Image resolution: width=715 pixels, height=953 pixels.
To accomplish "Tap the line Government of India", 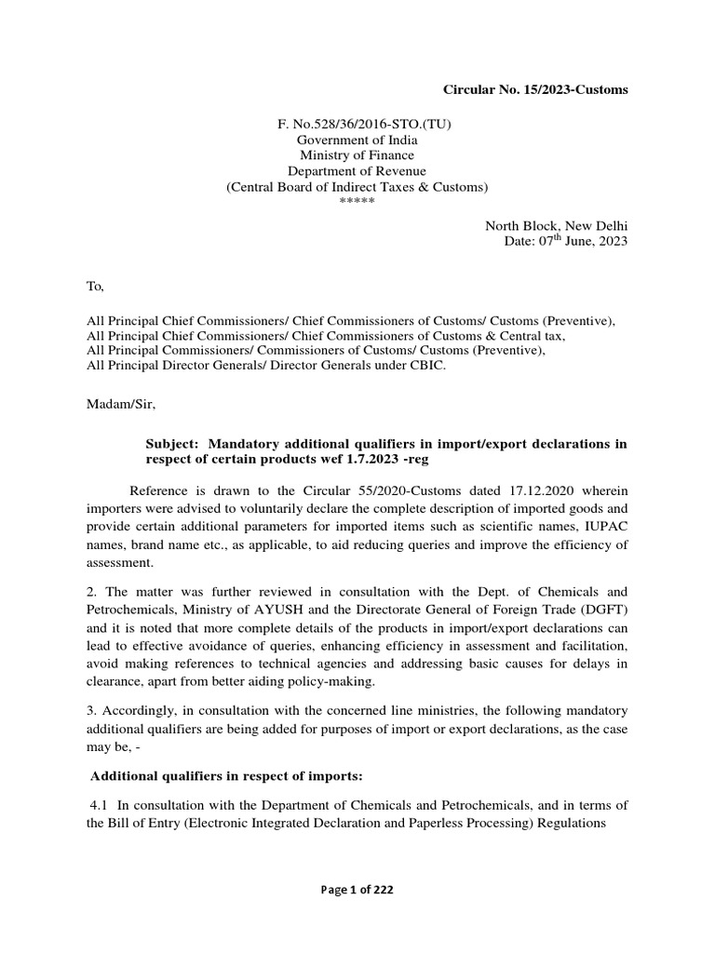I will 357,140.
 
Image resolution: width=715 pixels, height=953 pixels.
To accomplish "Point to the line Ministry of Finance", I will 357,155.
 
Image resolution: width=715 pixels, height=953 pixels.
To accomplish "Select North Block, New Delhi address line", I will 556,226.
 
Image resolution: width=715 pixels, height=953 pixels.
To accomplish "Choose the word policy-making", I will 329,680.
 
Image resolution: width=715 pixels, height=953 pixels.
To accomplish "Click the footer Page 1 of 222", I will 357,890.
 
